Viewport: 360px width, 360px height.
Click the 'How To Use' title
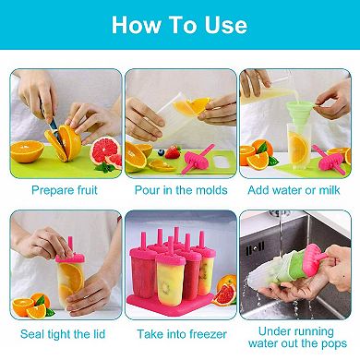[x=180, y=25]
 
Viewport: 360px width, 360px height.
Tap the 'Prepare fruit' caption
[x=66, y=190]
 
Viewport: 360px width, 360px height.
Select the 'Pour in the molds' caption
[x=180, y=190]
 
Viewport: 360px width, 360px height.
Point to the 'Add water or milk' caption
[x=294, y=190]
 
